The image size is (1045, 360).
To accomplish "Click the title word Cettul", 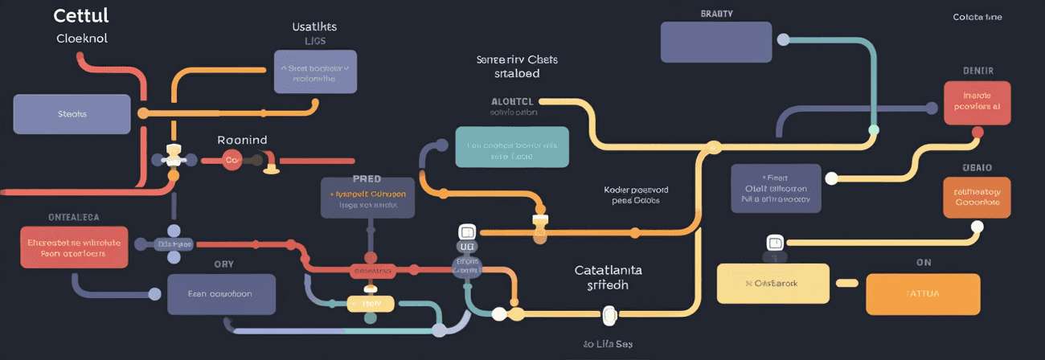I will click(x=80, y=16).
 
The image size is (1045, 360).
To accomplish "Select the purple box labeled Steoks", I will click(x=72, y=114).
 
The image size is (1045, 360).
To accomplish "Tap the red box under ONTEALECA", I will click(x=74, y=247).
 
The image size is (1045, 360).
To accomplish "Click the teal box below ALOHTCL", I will click(x=511, y=146).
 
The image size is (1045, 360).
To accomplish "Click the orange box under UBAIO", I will click(x=976, y=198).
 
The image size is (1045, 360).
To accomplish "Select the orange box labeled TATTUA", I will click(x=923, y=294).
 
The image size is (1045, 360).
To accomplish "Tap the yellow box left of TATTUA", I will click(x=772, y=284).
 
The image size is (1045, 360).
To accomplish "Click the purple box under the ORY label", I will click(x=221, y=294).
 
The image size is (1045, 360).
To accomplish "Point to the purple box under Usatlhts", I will click(x=315, y=72).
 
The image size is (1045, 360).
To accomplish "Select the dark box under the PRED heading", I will click(x=367, y=198).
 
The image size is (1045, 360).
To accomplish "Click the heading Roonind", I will click(x=242, y=140).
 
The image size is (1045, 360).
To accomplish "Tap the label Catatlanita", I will click(x=608, y=271).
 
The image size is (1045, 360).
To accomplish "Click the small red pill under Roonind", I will click(x=232, y=160).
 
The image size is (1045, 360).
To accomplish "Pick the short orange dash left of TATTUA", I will click(x=847, y=283).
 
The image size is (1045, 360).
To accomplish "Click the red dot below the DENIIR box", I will click(x=977, y=133).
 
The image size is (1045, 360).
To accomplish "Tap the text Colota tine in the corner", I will click(x=977, y=17).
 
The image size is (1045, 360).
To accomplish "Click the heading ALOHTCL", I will click(x=512, y=102).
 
